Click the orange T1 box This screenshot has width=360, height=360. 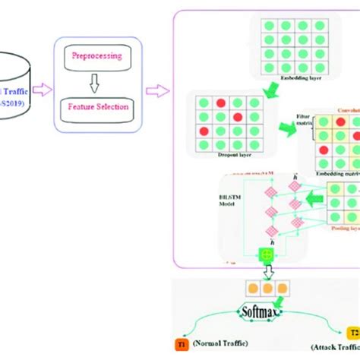tap(182, 343)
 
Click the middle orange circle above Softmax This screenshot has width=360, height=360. tap(268, 288)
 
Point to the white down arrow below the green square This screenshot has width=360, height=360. tap(267, 272)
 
